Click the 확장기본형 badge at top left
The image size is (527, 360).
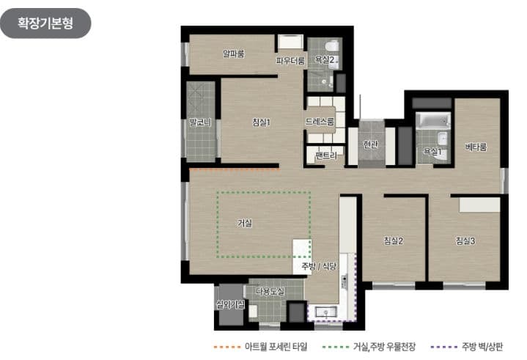point(45,23)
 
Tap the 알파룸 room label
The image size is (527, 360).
point(233,53)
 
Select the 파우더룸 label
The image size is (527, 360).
point(290,61)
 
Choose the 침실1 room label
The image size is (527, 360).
point(261,122)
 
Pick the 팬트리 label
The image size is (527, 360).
point(325,156)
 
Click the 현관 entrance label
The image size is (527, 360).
point(371,144)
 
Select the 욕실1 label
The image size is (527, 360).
point(432,152)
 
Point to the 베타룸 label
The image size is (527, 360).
point(476,147)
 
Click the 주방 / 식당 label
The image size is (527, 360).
point(318,267)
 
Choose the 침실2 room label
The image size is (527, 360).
point(394,240)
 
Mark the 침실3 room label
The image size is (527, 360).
point(465,240)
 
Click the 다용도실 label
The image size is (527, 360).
point(270,292)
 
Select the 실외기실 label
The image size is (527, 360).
point(229,304)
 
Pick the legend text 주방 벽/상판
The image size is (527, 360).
point(482,345)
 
